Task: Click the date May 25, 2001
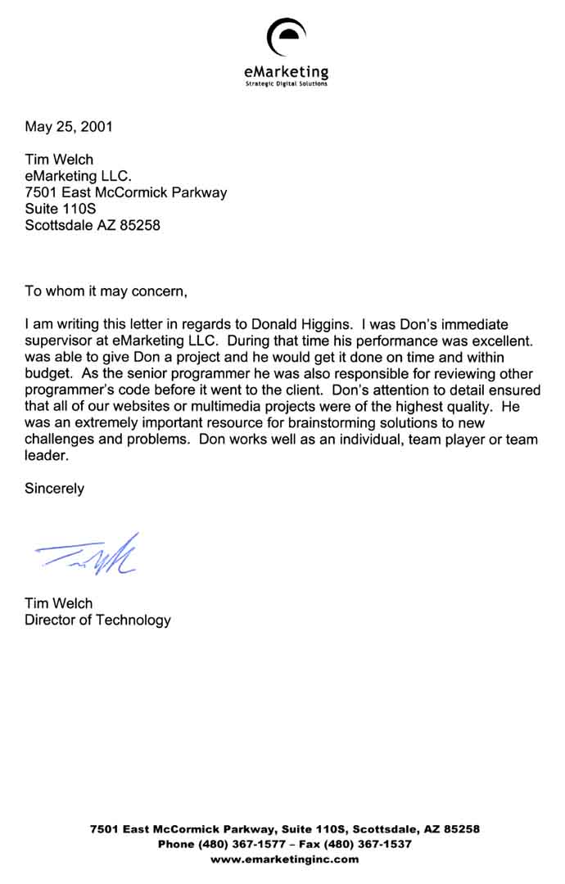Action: [69, 126]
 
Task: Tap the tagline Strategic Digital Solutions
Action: [287, 83]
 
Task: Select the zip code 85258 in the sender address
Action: [140, 224]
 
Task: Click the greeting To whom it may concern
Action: [106, 290]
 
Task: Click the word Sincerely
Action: [54, 489]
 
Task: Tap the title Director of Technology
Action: [97, 620]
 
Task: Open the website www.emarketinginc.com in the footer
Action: [285, 859]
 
